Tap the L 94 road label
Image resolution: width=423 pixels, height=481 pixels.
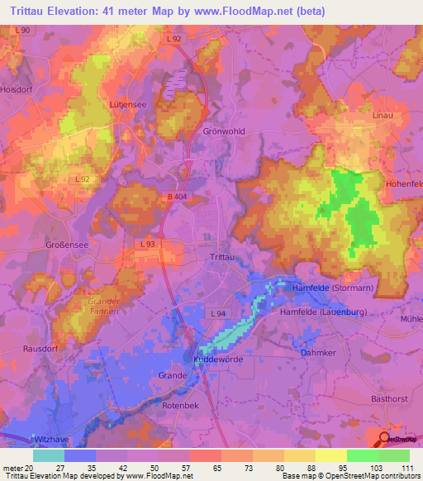pyautogui.click(x=218, y=314)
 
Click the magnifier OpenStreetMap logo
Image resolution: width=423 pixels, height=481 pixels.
pyautogui.click(x=385, y=441)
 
